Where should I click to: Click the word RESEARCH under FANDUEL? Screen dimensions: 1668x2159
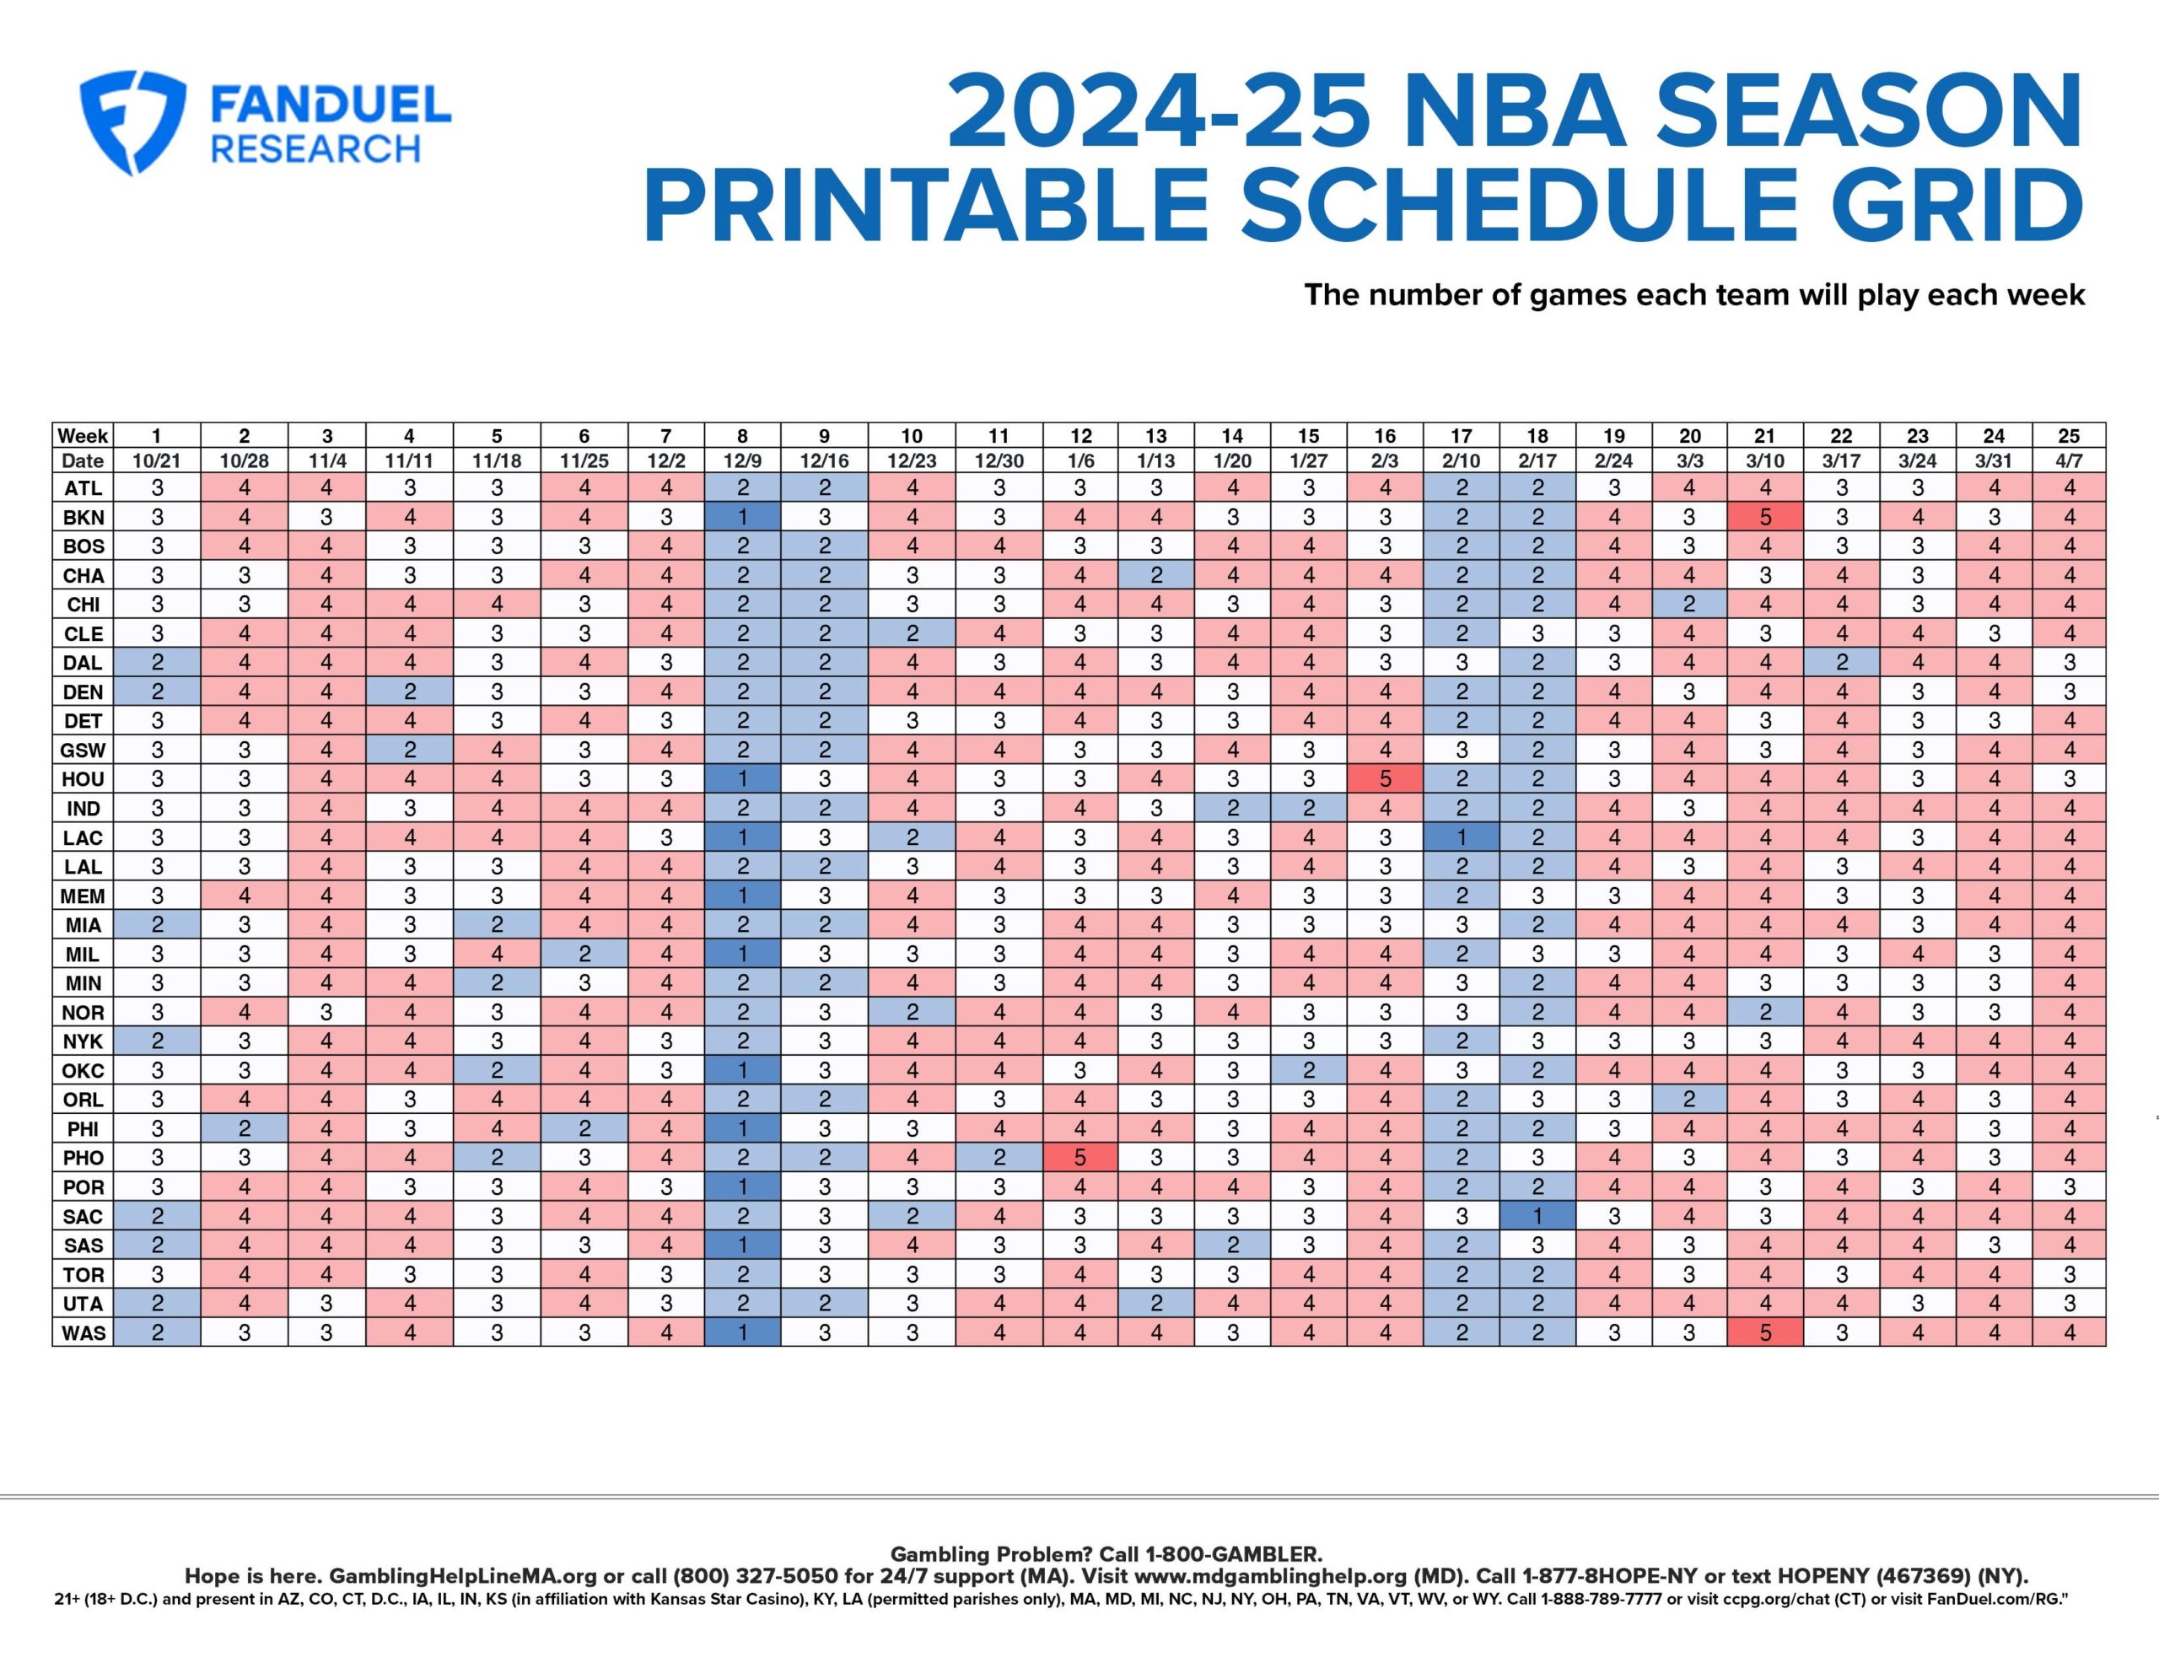[316, 149]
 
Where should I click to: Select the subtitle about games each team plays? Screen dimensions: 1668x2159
[1693, 294]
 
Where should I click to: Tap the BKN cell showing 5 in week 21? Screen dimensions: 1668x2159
[1764, 517]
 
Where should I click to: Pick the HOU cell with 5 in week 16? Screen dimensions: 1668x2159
[1385, 779]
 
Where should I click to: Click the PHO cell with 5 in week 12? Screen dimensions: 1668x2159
[1079, 1158]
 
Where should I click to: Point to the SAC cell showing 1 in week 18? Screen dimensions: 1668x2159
[1537, 1216]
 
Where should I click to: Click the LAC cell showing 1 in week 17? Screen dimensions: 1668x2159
[1461, 837]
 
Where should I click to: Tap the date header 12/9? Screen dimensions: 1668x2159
[742, 460]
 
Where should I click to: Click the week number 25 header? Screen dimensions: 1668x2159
[2068, 436]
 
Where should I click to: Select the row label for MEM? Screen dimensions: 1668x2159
[83, 896]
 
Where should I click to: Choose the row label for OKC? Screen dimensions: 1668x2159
[83, 1071]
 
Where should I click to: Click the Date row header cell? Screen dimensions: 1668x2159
[83, 460]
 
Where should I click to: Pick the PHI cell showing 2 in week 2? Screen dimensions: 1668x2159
[245, 1128]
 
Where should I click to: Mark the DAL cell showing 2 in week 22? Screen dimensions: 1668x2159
[1841, 663]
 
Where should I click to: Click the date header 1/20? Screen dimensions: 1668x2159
[1232, 460]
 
